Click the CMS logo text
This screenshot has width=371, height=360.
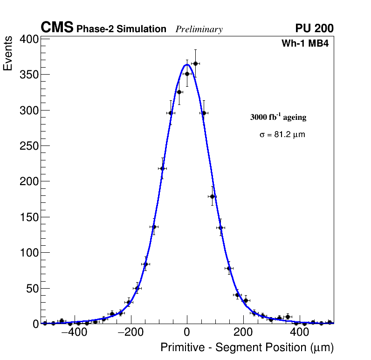pyautogui.click(x=57, y=28)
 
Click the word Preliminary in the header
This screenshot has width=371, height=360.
pyautogui.click(x=199, y=29)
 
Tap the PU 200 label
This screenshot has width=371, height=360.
pyautogui.click(x=314, y=28)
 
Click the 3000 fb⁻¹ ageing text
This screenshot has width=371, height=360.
pyautogui.click(x=278, y=117)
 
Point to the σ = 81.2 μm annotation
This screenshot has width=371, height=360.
pyautogui.click(x=282, y=135)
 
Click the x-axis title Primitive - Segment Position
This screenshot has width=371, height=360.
pyautogui.click(x=247, y=347)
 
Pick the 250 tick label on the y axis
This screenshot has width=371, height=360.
pyautogui.click(x=28, y=146)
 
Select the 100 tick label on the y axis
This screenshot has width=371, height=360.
pyautogui.click(x=28, y=253)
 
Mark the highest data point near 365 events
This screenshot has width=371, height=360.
pyautogui.click(x=195, y=63)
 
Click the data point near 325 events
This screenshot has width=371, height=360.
pyautogui.click(x=179, y=92)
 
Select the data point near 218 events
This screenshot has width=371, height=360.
pyautogui.click(x=162, y=168)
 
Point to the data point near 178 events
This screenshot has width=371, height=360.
pyautogui.click(x=212, y=196)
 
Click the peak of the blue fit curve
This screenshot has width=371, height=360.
pyautogui.click(x=187, y=64)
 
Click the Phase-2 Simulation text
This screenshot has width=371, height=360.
pyautogui.click(x=121, y=29)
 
